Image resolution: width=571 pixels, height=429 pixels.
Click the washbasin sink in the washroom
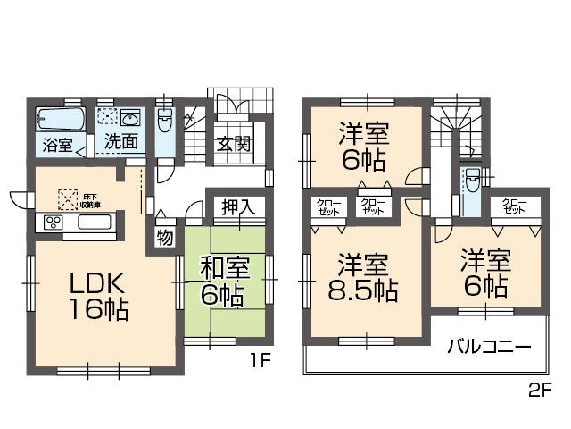click(130, 119)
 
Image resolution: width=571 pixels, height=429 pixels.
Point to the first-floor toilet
click(165, 125)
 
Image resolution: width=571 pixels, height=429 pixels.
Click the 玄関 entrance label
click(232, 143)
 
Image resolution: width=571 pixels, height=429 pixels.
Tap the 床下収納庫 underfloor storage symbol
click(68, 198)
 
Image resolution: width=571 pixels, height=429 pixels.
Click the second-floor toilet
click(472, 186)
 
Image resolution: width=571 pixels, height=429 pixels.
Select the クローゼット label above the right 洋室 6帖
click(514, 206)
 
